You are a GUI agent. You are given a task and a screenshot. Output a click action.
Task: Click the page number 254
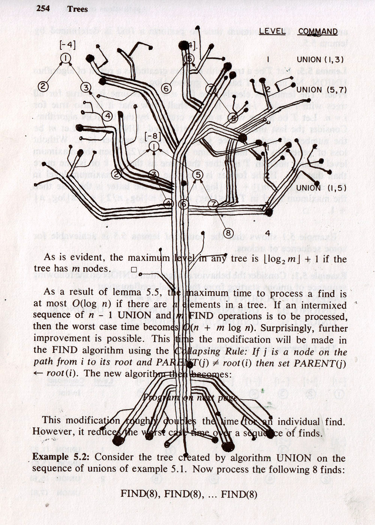pos(43,9)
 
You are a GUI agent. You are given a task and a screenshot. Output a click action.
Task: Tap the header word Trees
pos(78,9)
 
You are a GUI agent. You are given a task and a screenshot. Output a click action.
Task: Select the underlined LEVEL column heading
pos(272,31)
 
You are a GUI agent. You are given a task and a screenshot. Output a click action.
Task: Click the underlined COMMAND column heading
pos(318,32)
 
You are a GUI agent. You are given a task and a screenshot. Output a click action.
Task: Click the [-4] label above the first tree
pos(67,45)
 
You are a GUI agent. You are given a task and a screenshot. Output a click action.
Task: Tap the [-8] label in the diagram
pos(153,135)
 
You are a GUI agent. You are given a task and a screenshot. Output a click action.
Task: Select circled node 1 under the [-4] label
pos(65,58)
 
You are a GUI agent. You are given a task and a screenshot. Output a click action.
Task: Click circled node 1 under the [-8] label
pos(154,146)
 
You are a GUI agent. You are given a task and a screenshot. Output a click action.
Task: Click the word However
pos(49,432)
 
